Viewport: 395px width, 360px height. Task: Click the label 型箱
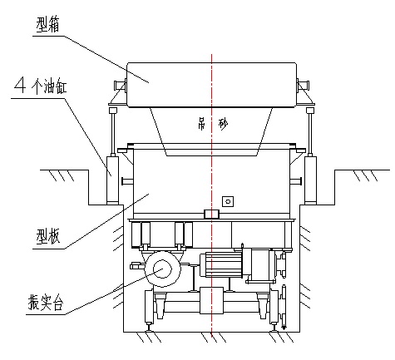click(47, 24)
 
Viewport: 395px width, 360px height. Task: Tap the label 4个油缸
click(41, 86)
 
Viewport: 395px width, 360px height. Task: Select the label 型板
click(47, 236)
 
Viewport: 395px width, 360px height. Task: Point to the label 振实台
click(46, 302)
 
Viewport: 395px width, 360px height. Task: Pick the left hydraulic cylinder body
click(113, 179)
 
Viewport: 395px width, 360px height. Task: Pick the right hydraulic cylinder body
click(310, 179)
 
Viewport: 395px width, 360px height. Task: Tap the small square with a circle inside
click(228, 201)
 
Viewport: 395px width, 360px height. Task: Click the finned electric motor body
click(221, 264)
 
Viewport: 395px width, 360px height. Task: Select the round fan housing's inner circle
click(161, 269)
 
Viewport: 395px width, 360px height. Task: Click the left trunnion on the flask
click(120, 84)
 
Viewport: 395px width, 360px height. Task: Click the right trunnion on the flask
click(303, 85)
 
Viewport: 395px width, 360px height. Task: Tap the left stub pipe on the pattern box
click(127, 181)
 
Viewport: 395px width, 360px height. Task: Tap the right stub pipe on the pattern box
click(296, 181)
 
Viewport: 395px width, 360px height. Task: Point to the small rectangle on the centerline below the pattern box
click(211, 214)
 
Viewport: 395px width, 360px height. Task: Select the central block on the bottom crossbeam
click(211, 300)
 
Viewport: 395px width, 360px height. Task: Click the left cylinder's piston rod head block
click(113, 111)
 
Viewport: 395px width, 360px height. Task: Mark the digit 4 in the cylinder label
click(21, 85)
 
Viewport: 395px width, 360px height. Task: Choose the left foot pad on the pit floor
click(149, 330)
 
